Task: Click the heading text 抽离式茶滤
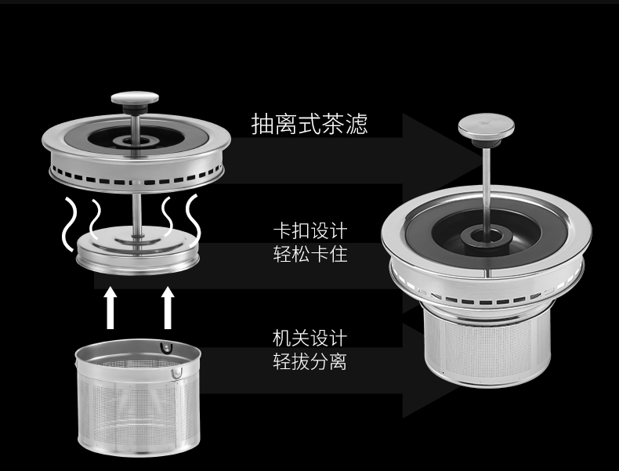[309, 124]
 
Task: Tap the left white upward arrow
[110, 308]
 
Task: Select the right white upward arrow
[167, 308]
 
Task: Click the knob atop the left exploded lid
[135, 99]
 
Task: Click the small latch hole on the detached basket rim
[164, 347]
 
